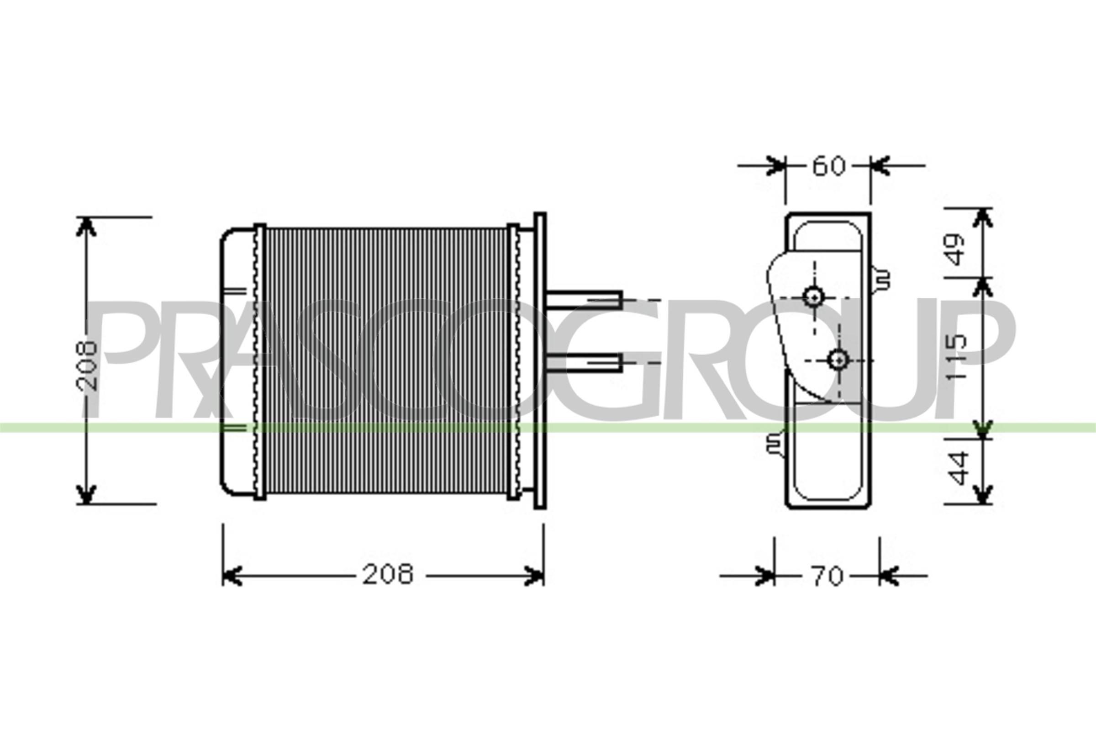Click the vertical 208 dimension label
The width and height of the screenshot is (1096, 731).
[87, 366]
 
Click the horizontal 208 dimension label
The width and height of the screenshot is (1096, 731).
[388, 574]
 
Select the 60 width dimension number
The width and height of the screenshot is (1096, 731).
[828, 166]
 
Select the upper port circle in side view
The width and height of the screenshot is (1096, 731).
[814, 296]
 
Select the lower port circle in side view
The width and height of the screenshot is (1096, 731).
[838, 359]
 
